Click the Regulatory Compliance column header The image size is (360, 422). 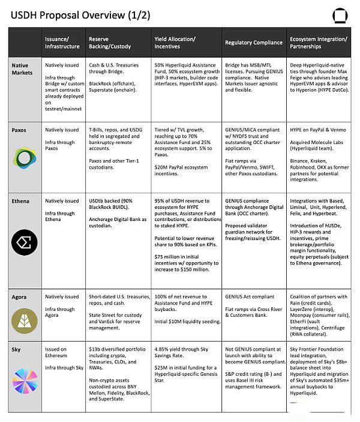point(253,43)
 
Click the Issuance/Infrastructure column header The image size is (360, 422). point(62,43)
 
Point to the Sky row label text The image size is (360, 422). point(17,349)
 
